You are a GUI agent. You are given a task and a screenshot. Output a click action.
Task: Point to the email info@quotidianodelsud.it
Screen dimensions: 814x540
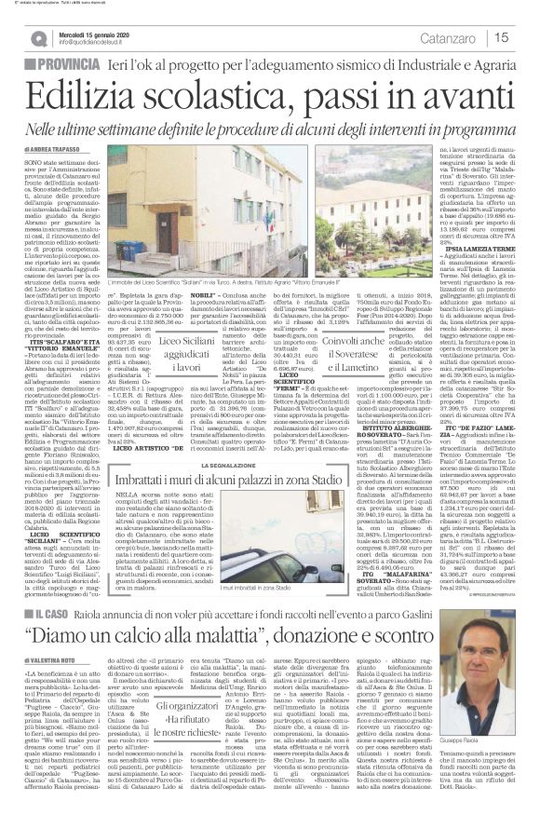[97, 42]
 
